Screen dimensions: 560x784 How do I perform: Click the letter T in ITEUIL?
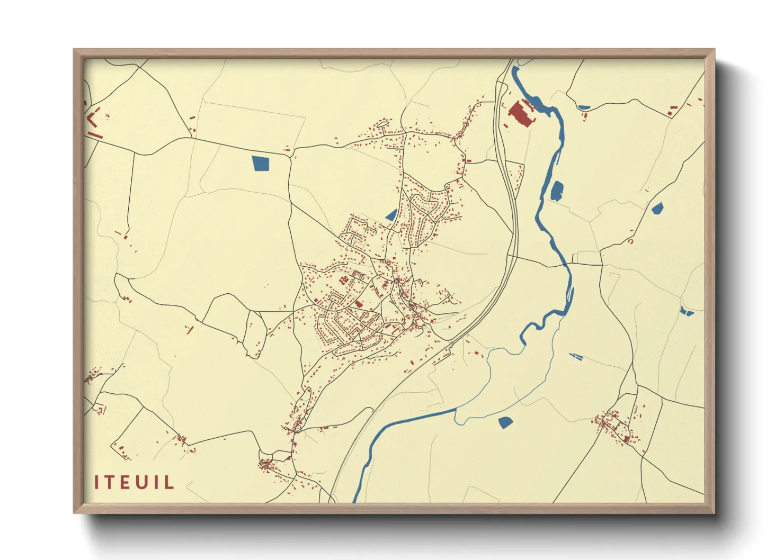coord(108,482)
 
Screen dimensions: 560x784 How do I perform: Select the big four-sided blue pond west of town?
coord(261,163)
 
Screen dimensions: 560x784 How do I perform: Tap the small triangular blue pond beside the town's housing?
coord(391,215)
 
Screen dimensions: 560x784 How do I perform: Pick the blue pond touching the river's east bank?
coord(557,191)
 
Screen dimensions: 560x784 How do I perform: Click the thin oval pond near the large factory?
coord(584,107)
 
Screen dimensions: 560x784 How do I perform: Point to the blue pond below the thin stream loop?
coord(505,422)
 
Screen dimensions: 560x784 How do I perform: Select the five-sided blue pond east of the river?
coord(657,207)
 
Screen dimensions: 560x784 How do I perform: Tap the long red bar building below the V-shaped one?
coord(95,136)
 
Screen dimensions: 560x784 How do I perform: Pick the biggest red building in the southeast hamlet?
coord(626,439)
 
